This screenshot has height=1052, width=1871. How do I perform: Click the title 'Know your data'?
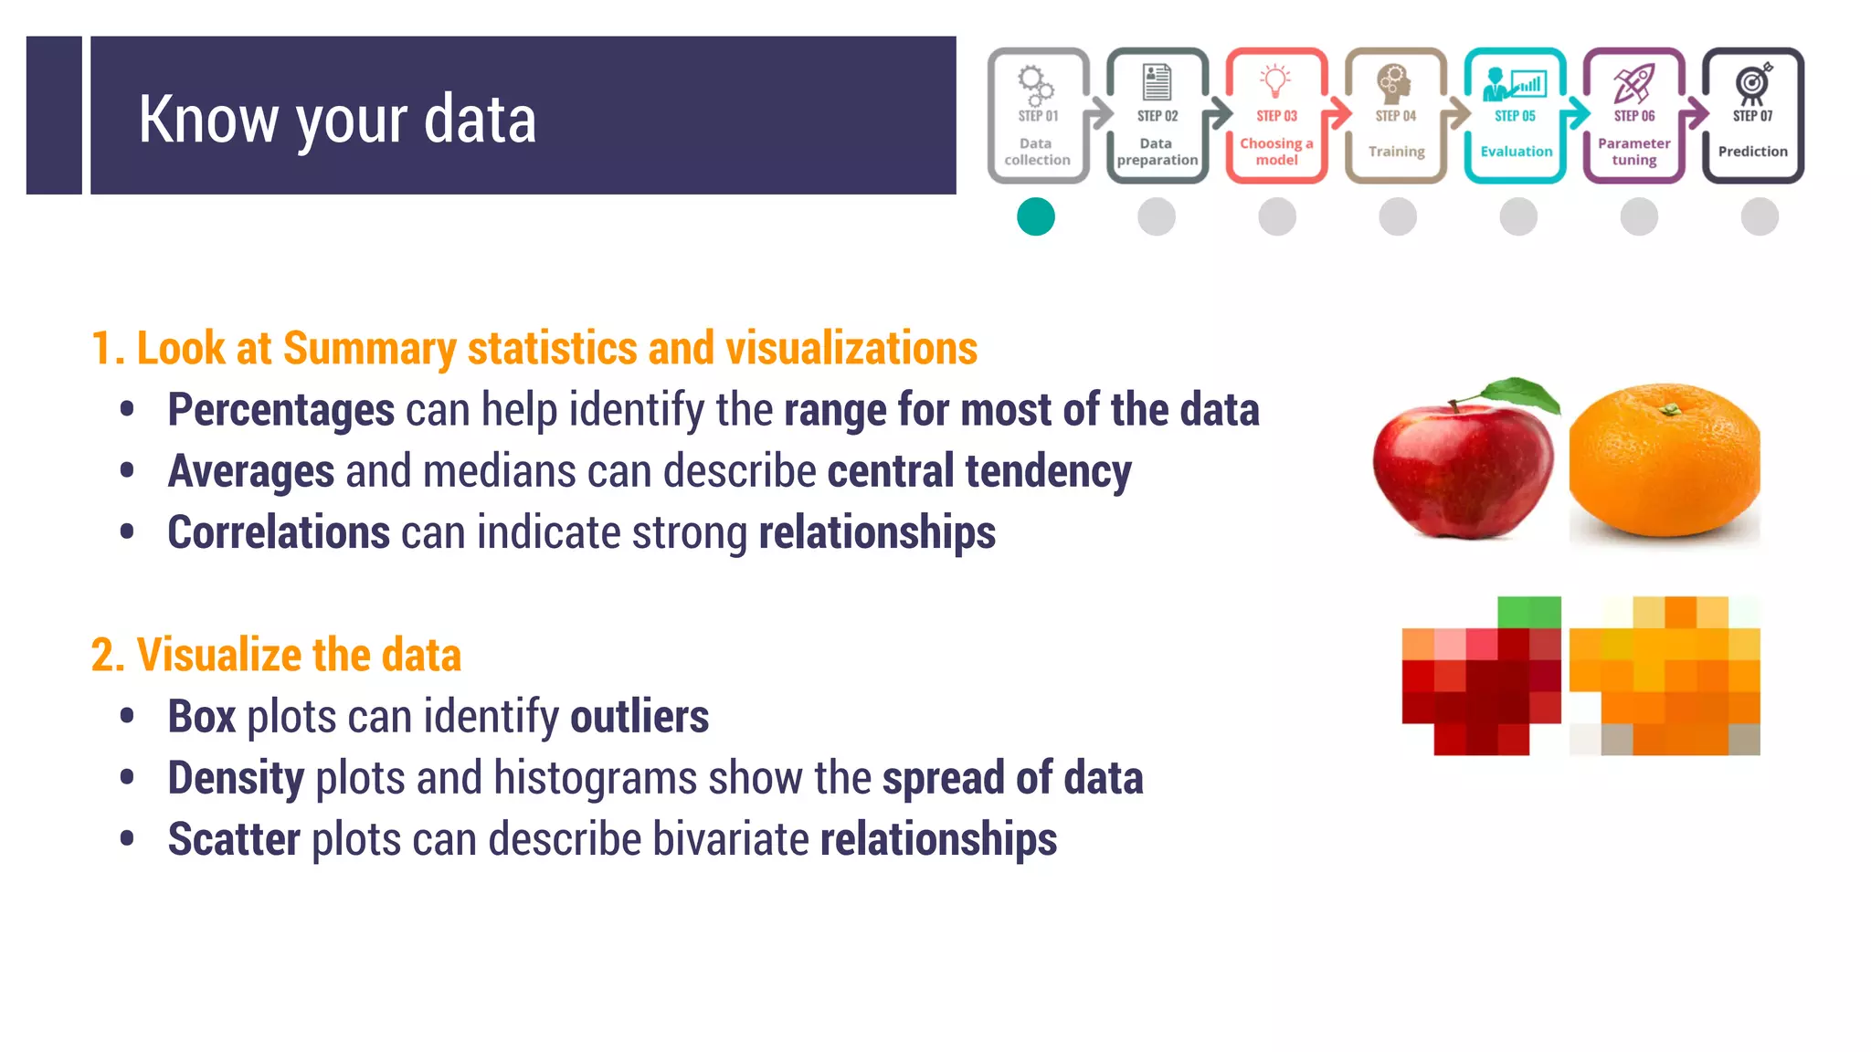tap(337, 119)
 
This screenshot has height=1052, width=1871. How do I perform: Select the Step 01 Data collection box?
tap(1038, 116)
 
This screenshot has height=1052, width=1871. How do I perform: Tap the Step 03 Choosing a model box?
tap(1276, 116)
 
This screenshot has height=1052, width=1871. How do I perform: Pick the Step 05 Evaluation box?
tap(1515, 116)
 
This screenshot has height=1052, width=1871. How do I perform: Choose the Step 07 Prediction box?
tap(1752, 116)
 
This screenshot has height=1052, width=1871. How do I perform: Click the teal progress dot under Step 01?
tap(1036, 217)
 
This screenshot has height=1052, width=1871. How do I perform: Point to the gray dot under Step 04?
tap(1398, 217)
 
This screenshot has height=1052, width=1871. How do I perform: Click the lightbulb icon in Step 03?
tap(1275, 80)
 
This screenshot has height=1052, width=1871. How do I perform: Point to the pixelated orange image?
tap(1665, 677)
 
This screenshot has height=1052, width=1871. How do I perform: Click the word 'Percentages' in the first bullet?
tap(281, 410)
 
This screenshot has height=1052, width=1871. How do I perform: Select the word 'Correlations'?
tap(279, 532)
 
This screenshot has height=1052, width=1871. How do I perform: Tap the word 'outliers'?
tap(640, 717)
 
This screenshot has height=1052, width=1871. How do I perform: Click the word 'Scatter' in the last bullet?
tap(234, 839)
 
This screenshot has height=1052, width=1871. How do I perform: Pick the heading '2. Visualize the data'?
tap(276, 655)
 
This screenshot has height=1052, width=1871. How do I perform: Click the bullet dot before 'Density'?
tap(127, 778)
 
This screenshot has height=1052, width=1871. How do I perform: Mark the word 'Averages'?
tap(251, 471)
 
